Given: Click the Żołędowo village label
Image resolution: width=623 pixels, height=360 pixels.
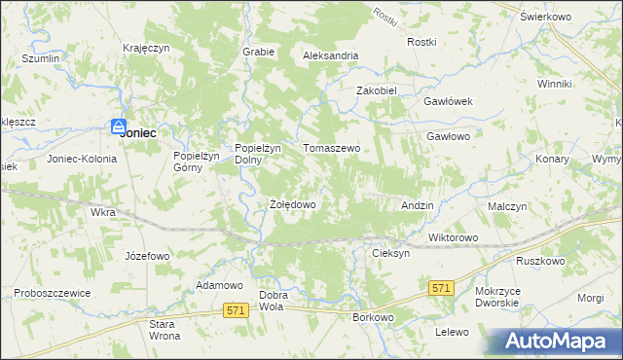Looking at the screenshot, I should pyautogui.click(x=292, y=205).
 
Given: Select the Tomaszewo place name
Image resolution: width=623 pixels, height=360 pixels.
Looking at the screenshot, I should pyautogui.click(x=332, y=149).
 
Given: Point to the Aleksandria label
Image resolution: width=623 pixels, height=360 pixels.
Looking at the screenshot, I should pyautogui.click(x=331, y=56).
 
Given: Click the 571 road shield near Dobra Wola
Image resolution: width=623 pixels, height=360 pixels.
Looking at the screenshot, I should pyautogui.click(x=235, y=309).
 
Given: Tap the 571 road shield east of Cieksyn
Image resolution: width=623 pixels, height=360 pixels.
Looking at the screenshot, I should pyautogui.click(x=442, y=288).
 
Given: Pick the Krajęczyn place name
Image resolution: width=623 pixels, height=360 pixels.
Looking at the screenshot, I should pyautogui.click(x=147, y=48).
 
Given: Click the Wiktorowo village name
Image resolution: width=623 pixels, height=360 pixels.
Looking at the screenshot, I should pyautogui.click(x=454, y=237).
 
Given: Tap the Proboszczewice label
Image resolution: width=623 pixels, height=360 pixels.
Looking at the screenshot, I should pyautogui.click(x=53, y=293).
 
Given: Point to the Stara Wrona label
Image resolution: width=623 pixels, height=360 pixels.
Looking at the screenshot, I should pyautogui.click(x=164, y=329).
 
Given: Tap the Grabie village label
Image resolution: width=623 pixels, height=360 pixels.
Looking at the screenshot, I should pyautogui.click(x=258, y=52).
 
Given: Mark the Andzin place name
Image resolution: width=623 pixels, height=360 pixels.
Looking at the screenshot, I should pyautogui.click(x=417, y=206).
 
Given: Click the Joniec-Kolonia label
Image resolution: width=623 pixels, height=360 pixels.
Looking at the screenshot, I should pyautogui.click(x=82, y=158).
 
